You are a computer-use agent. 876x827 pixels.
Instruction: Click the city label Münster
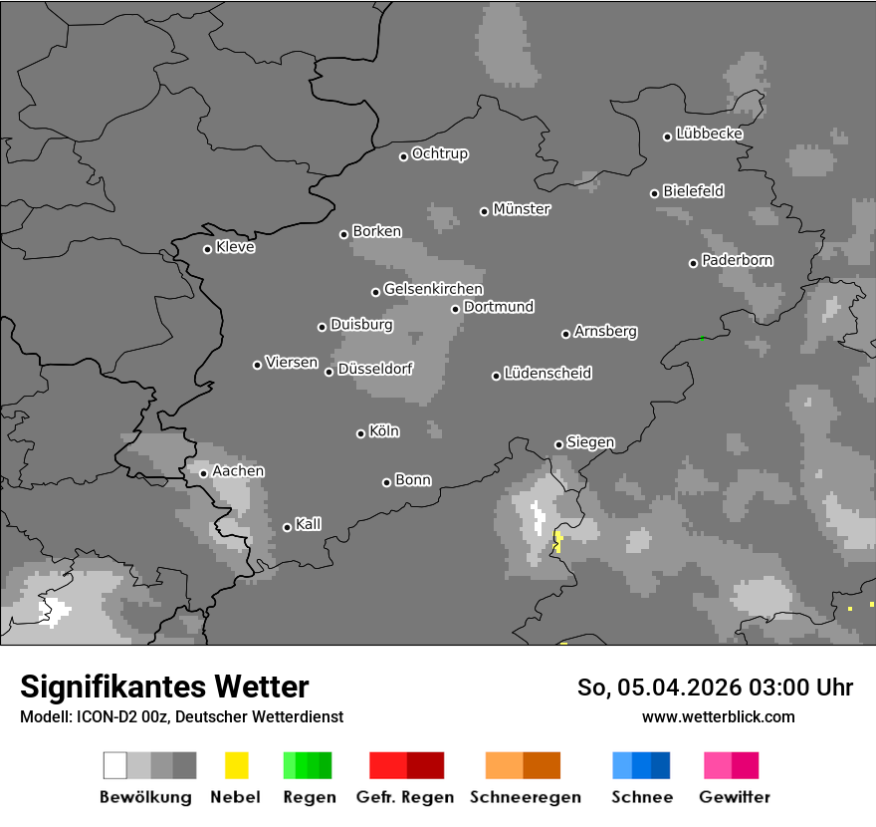(522, 209)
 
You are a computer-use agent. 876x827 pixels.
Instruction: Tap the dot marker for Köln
(360, 433)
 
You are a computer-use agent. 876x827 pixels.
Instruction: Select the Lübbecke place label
(709, 134)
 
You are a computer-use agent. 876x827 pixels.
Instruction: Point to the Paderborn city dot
(693, 263)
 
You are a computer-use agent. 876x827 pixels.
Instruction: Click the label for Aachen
(238, 470)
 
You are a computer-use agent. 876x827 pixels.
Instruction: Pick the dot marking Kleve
(207, 249)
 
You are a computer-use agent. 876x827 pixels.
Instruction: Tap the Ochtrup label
(440, 153)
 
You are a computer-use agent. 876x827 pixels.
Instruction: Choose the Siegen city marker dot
(558, 444)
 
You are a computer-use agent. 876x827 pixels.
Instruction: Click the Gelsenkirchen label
(433, 289)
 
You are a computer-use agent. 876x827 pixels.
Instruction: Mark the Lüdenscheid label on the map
(547, 374)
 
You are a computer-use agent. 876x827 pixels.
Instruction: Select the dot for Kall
(287, 527)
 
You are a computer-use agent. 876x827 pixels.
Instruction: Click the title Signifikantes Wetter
(164, 687)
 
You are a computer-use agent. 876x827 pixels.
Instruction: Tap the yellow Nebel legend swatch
(237, 765)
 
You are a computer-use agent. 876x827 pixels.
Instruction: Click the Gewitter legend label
(734, 797)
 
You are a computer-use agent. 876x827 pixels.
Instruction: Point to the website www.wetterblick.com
(718, 716)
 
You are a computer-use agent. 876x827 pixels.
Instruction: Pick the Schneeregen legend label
(525, 797)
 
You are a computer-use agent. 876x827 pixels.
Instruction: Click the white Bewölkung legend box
(115, 765)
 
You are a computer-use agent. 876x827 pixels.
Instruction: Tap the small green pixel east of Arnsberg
(702, 339)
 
